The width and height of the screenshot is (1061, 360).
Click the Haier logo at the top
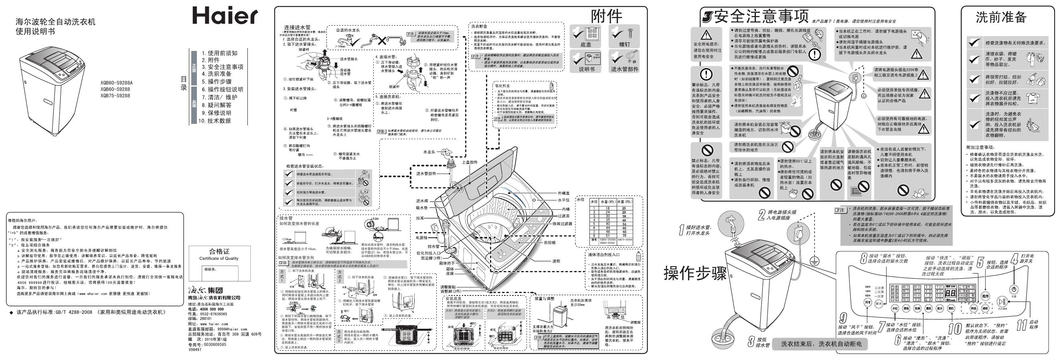[x=225, y=16]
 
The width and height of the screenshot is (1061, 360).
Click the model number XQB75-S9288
[x=115, y=95]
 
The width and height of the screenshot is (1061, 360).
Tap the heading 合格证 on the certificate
[x=219, y=251]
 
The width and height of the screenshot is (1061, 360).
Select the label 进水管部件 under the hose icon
[x=624, y=69]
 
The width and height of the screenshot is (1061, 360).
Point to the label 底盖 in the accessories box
[x=585, y=44]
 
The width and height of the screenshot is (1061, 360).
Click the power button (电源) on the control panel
[x=1014, y=289]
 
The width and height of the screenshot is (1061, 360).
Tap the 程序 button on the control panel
[x=986, y=296]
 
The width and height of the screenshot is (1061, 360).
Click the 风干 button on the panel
[x=868, y=302]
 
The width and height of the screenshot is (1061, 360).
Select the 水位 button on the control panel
[x=895, y=309]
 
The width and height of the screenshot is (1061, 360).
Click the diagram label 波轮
[x=557, y=261]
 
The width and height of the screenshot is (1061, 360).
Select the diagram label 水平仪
[x=563, y=200]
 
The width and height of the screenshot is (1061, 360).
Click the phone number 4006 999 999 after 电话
[x=212, y=309]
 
